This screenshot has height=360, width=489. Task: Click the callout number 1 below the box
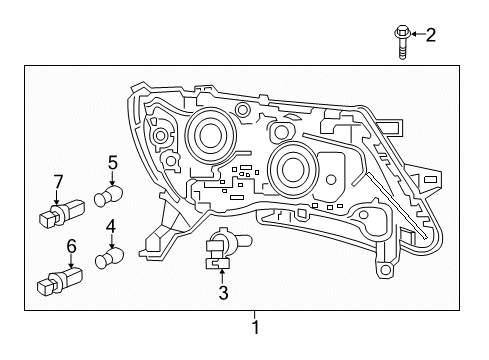[256, 327]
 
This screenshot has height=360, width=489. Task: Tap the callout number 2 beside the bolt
[431, 36]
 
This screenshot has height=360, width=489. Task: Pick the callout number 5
[112, 160]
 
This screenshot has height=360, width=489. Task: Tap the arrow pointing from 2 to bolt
[416, 37]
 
